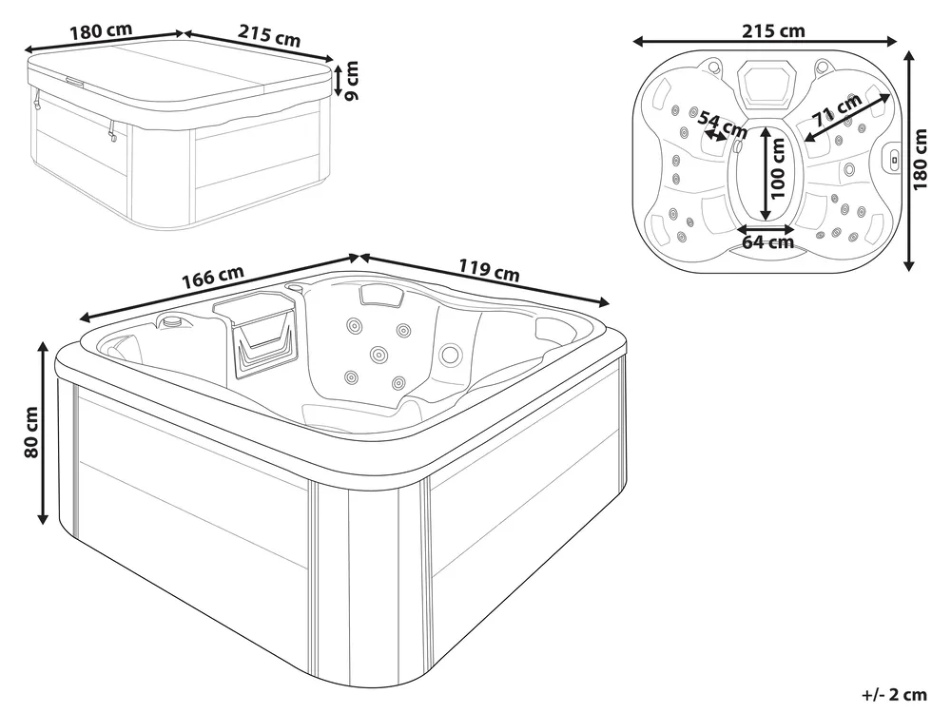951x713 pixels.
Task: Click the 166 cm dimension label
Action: tap(213, 277)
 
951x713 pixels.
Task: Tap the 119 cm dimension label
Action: tap(489, 270)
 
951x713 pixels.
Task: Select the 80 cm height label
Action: tap(31, 433)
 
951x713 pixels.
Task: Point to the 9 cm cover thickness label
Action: tap(351, 80)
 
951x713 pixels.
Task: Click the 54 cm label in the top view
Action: tap(723, 123)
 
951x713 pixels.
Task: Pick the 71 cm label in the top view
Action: tap(837, 109)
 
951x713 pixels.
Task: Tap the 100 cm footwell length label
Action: tap(778, 168)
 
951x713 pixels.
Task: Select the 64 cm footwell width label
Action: tap(767, 242)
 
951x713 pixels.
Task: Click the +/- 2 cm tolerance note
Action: tap(895, 695)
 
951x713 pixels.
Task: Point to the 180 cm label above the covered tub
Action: tap(101, 31)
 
